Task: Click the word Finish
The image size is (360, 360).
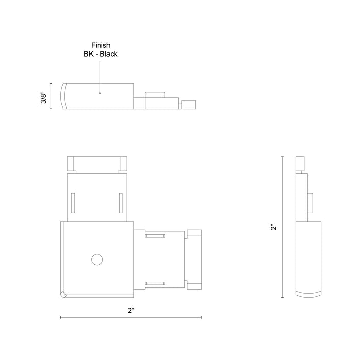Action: tap(101, 45)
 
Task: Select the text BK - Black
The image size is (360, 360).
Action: tap(101, 53)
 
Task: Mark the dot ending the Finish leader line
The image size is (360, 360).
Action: tap(100, 94)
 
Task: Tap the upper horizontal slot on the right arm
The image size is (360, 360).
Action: tap(154, 236)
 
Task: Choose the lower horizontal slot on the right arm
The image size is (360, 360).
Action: tap(154, 283)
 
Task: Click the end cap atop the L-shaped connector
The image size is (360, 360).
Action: tap(97, 164)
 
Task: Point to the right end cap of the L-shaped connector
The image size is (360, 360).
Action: tap(194, 259)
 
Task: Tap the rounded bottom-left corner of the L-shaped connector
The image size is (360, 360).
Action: tap(65, 294)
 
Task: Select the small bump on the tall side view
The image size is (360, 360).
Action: tap(310, 203)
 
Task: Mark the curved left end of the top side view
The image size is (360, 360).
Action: tap(65, 96)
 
